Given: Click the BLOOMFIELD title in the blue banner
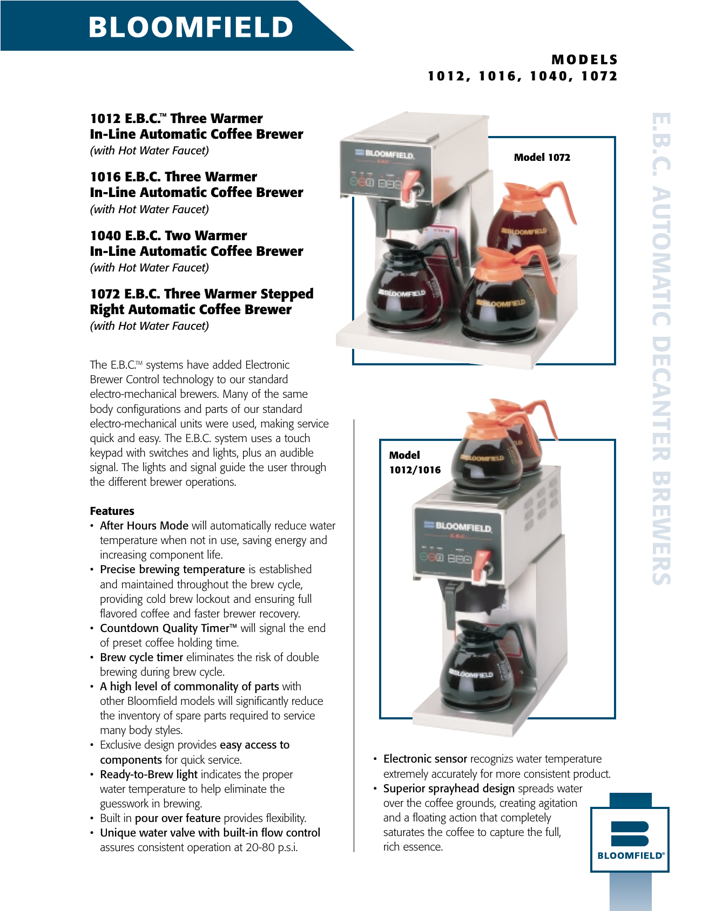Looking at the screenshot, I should coord(191,27).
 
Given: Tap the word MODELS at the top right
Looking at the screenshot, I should coord(584,60).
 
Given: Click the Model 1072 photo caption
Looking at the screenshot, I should coord(542,158).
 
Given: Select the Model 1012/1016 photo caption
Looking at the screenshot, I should coord(415,463).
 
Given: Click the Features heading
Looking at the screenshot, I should coord(112,511).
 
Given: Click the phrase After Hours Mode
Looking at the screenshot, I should coord(144,526).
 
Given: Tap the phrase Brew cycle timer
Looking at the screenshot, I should coord(141,657).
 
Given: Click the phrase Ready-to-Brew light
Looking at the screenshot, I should coord(148,774).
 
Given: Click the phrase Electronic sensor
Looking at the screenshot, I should coord(425,759).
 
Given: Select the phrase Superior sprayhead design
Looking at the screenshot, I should coord(449,788).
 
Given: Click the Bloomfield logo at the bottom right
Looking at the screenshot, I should coord(630,839).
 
